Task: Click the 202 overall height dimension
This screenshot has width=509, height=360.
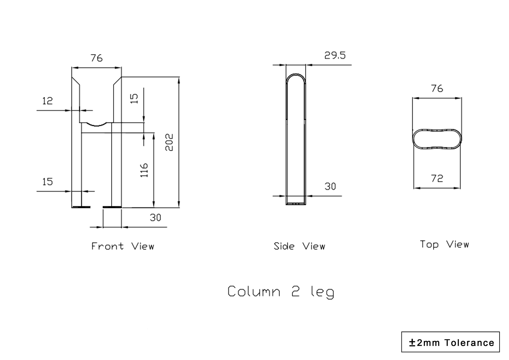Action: tap(169, 142)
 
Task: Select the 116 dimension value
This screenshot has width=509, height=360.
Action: tap(144, 170)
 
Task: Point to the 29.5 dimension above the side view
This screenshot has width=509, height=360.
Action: tap(335, 55)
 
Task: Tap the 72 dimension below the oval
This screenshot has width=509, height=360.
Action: tap(437, 178)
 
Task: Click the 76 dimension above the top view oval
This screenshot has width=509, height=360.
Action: tap(437, 89)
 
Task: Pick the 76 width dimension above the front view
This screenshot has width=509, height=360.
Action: tap(96, 58)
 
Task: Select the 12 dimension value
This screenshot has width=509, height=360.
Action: tap(48, 101)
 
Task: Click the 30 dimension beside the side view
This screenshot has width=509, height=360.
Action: tap(330, 186)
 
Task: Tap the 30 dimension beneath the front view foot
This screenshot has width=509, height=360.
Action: tap(155, 217)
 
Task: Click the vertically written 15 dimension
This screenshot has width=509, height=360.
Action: tap(134, 98)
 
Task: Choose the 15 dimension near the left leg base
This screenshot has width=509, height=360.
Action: tap(48, 182)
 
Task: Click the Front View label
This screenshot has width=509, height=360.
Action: tap(122, 246)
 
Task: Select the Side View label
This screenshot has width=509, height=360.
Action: tap(299, 246)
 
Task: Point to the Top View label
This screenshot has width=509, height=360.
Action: tap(444, 244)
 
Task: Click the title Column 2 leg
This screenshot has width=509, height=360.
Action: tap(281, 292)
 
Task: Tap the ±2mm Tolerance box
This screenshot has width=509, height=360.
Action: tap(450, 342)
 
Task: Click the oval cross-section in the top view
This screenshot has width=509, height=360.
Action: tap(437, 139)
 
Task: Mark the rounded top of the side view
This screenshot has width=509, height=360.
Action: tap(296, 77)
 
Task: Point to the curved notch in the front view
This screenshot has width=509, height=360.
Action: tap(96, 125)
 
